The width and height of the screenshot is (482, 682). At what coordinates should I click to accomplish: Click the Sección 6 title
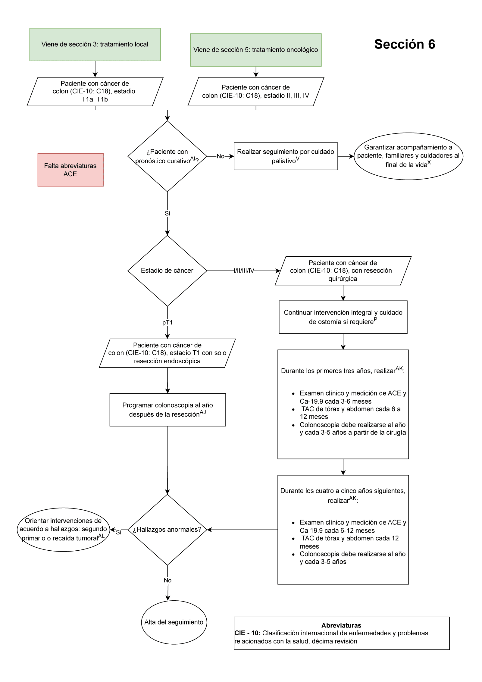(404, 44)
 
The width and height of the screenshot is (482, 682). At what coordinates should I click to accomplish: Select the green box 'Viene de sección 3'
(95, 45)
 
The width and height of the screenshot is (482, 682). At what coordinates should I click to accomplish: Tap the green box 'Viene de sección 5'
(255, 50)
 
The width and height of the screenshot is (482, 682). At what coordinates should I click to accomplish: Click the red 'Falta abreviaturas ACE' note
(70, 170)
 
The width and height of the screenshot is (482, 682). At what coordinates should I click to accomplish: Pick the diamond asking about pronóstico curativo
(167, 156)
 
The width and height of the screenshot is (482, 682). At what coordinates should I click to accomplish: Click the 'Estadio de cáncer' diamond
(167, 271)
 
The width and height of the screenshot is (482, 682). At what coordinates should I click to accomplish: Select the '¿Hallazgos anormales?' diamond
(167, 530)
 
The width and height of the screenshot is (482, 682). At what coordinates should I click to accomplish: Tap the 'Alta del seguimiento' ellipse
(174, 622)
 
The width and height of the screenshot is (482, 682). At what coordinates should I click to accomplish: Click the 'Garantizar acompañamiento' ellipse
(408, 156)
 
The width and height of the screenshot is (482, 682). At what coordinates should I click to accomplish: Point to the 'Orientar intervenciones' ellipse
(63, 530)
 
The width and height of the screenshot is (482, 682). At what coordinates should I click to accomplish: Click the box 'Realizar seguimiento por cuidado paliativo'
(286, 156)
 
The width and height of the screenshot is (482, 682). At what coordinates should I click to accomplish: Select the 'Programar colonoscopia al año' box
(167, 410)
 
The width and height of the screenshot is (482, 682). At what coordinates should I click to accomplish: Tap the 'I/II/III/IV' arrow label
(244, 271)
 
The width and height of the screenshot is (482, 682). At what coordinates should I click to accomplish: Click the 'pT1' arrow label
(167, 323)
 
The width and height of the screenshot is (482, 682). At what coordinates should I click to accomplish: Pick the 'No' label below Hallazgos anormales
(167, 580)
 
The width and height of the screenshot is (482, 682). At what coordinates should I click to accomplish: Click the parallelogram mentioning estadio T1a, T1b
(95, 92)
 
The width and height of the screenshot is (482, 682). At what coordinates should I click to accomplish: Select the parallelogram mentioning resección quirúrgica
(343, 271)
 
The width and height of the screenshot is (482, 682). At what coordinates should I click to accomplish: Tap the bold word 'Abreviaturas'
(341, 625)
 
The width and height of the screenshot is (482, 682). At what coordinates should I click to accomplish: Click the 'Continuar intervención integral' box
(343, 317)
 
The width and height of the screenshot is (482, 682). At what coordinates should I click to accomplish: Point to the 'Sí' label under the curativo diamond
(167, 214)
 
